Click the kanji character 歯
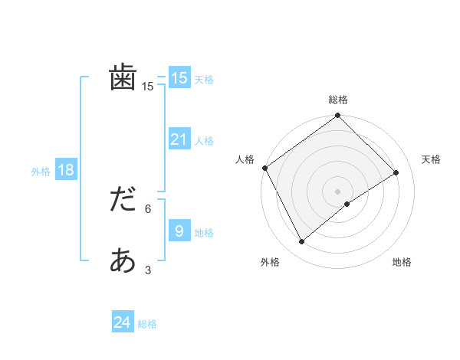pyautogui.click(x=123, y=78)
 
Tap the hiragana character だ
pyautogui.click(x=123, y=201)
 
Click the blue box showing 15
pyautogui.click(x=179, y=78)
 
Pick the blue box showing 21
pyautogui.click(x=179, y=139)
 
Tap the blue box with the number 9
pyautogui.click(x=179, y=231)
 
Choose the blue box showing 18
pyautogui.click(x=65, y=170)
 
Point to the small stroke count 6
pyautogui.click(x=148, y=208)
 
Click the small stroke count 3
pyautogui.click(x=148, y=270)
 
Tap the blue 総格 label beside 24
pyautogui.click(x=147, y=324)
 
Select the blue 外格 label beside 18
pyautogui.click(x=41, y=172)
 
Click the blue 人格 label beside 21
pyautogui.click(x=204, y=141)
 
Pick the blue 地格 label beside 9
pyautogui.click(x=204, y=233)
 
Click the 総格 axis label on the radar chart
pyautogui.click(x=338, y=100)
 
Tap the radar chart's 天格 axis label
pyautogui.click(x=432, y=159)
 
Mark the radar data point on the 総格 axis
pyautogui.click(x=338, y=116)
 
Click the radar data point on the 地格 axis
pyautogui.click(x=347, y=204)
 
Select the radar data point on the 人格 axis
pyautogui.click(x=264, y=168)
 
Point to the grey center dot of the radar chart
pyautogui.click(x=338, y=191)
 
